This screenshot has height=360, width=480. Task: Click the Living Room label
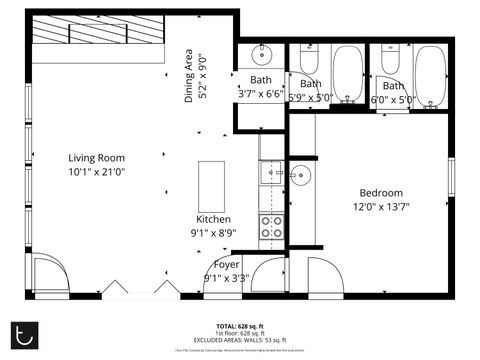pos(96,157)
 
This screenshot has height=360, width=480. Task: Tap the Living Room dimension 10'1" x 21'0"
pos(96,171)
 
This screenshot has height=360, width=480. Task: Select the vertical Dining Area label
pos(194,74)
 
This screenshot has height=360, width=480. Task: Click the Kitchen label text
pos(214,219)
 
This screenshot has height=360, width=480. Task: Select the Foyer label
pos(226,264)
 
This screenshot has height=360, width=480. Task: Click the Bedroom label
pos(381,193)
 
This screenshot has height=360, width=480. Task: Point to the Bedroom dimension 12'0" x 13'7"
pos(381,207)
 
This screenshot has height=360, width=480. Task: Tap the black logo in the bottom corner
pos(23,333)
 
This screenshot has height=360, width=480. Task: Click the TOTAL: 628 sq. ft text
pos(240,326)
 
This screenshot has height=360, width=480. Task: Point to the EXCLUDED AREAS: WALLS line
pos(240,340)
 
